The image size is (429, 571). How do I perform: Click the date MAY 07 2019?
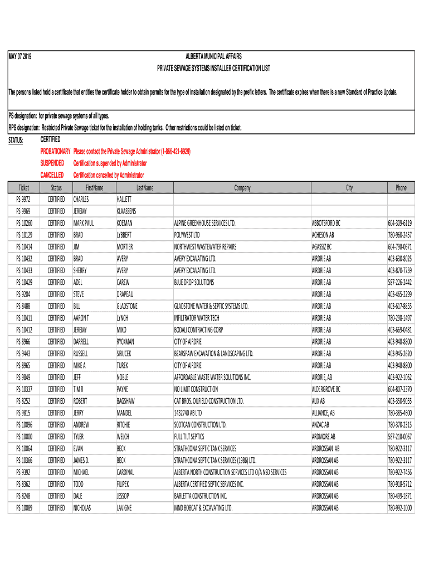coord(19,57)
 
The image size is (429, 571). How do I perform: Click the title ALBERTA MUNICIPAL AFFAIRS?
coord(213,57)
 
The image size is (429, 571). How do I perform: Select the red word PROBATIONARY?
coord(55,151)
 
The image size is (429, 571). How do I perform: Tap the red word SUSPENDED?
coord(52,163)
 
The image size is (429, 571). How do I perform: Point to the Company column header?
coord(242,188)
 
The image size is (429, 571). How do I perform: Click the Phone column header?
coord(401,188)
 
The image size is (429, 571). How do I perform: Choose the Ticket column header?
coord(24,188)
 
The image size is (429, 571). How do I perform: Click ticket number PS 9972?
coord(24,199)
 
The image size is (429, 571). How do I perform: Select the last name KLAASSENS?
coord(126,211)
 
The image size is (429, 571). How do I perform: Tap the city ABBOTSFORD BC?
coord(326,223)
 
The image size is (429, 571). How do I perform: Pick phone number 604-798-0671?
coord(400,246)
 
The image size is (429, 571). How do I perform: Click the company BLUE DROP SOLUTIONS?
coord(194,282)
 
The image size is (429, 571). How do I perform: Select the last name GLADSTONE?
coord(127,306)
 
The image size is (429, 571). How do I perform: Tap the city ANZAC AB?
coord(321,425)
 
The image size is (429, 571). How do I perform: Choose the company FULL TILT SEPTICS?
coord(189,437)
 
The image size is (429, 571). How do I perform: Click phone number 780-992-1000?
coord(400,508)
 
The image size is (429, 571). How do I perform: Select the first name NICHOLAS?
coord(82,508)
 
